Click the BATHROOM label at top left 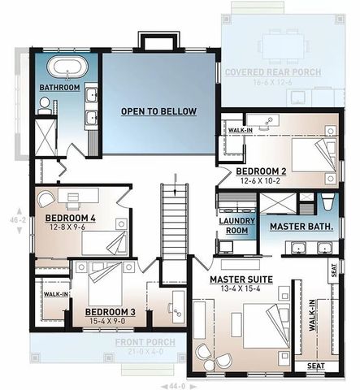click(59, 87)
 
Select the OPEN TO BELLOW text click(158, 111)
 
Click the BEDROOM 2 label click(259, 171)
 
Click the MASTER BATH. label click(301, 225)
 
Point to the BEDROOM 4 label click(70, 219)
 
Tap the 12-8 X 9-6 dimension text click(68, 227)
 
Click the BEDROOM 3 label click(110, 312)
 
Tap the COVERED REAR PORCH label click(272, 72)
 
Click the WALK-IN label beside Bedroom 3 click(55, 294)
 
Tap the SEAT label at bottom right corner click(315, 366)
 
